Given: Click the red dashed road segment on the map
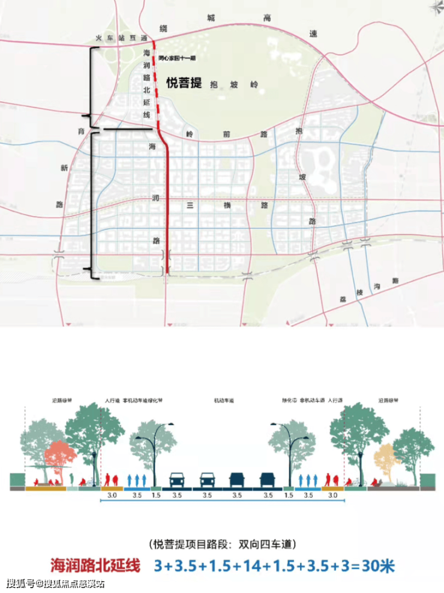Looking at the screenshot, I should click(x=154, y=84).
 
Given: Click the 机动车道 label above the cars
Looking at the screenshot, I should click(x=222, y=400).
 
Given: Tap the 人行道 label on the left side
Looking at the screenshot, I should click(x=112, y=400).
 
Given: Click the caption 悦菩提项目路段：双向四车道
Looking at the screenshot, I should click(x=222, y=544).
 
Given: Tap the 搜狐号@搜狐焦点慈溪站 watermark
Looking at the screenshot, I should click(x=56, y=583).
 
